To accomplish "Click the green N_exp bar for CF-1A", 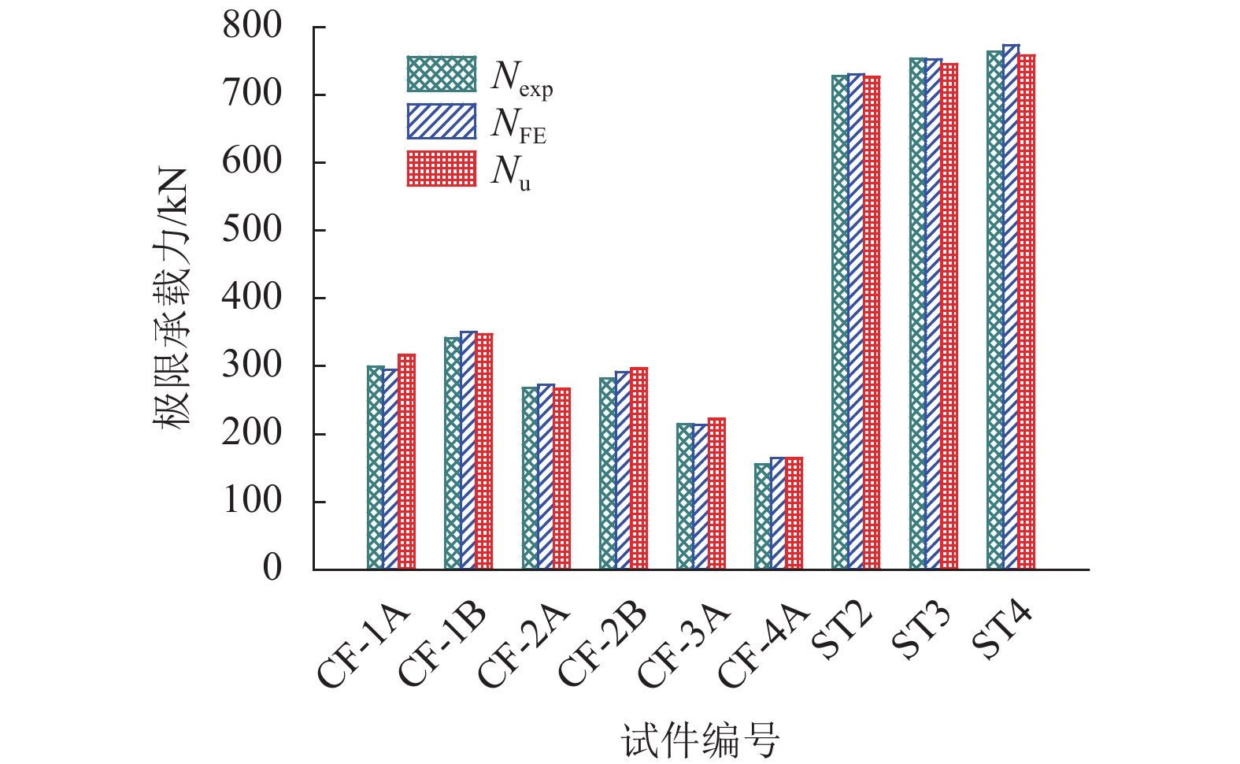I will click(x=375, y=468).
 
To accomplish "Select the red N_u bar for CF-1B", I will click(x=484, y=451).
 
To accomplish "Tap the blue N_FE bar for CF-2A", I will click(x=546, y=477).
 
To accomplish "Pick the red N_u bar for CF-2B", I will click(x=639, y=469).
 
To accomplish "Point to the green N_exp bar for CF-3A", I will click(x=685, y=496).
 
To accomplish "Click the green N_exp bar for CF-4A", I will click(x=762, y=517).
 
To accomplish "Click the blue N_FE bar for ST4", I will click(x=1011, y=307).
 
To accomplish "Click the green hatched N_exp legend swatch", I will click(x=442, y=74).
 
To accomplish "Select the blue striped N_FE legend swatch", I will click(x=442, y=121).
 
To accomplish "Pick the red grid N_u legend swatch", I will click(x=442, y=169).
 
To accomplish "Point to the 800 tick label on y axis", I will click(x=252, y=26).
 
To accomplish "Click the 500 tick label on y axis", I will click(x=252, y=229).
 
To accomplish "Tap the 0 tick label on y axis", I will click(x=272, y=568).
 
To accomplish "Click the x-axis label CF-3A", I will click(x=683, y=647).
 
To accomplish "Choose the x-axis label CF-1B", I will click(x=442, y=647).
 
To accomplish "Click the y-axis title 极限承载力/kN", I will click(x=172, y=298).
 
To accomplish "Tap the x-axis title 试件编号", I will click(x=700, y=740).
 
